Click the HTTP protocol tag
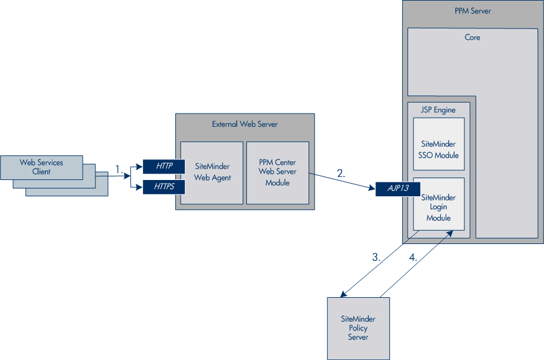(x=163, y=166)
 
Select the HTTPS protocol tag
(x=163, y=187)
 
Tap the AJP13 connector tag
(x=397, y=188)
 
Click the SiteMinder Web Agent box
(x=212, y=172)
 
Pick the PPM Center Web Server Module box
(x=277, y=172)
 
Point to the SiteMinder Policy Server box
(x=358, y=328)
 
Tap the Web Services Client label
(x=41, y=167)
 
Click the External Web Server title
(x=245, y=124)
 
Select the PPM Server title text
(x=472, y=11)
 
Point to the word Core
(x=472, y=37)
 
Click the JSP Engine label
(x=438, y=110)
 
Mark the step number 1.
(x=119, y=170)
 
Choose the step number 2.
(x=341, y=173)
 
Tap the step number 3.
(x=376, y=257)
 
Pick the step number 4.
(x=413, y=257)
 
